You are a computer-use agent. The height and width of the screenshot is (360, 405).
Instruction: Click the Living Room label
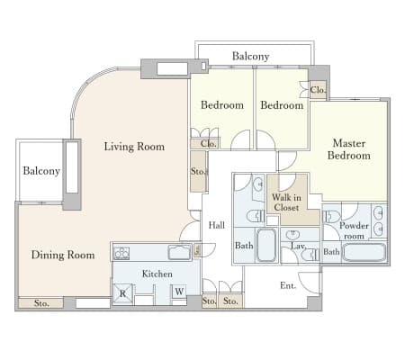click(x=134, y=147)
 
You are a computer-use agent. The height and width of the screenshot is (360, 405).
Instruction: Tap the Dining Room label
click(x=63, y=255)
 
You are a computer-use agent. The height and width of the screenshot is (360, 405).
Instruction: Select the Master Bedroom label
click(x=349, y=149)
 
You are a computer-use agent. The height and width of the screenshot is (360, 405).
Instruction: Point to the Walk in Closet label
click(x=286, y=202)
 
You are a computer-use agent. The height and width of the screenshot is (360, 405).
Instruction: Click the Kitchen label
click(x=157, y=274)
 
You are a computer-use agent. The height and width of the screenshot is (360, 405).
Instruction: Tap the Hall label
click(x=217, y=225)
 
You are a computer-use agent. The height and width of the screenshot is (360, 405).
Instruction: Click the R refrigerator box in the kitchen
click(x=122, y=293)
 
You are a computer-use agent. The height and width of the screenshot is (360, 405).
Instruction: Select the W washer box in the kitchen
click(x=179, y=292)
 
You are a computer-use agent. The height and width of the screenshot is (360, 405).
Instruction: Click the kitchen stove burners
click(x=121, y=254)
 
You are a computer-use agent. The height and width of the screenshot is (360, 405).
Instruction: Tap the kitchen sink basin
click(x=179, y=252)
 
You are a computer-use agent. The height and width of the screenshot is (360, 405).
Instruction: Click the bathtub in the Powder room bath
click(x=364, y=252)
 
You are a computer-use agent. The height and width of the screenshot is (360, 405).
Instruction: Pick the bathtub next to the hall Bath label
click(x=266, y=246)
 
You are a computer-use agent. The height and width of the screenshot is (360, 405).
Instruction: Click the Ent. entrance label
click(x=288, y=285)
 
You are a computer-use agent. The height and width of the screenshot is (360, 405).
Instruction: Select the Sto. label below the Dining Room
click(x=41, y=303)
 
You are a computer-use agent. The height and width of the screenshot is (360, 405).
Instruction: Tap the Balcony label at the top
click(x=250, y=56)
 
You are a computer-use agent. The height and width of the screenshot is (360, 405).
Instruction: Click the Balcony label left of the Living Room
click(x=41, y=171)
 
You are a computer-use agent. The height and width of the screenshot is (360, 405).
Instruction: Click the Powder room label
click(x=354, y=230)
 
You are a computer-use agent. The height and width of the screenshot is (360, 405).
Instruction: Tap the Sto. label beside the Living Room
click(x=199, y=171)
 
